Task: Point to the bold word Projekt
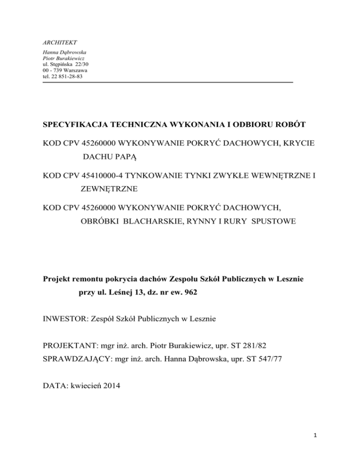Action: pos(57,280)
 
